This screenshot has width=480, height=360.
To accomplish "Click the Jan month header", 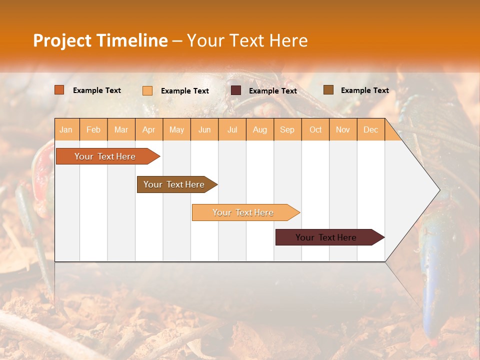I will [66, 129].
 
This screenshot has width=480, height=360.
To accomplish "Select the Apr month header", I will [149, 129].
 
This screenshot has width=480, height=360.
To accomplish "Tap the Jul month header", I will [232, 129].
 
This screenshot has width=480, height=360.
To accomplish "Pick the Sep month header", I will [287, 129].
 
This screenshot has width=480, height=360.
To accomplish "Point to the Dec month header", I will [370, 129].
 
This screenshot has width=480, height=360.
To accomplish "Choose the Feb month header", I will [93, 129].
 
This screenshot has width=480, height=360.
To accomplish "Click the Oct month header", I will [315, 129].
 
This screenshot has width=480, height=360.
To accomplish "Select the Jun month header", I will [204, 129].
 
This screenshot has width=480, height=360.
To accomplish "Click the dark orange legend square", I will [59, 90].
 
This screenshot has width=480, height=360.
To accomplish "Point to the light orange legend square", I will [147, 90].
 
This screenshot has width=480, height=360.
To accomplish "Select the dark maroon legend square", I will [236, 90].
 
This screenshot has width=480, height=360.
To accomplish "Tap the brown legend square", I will [328, 90].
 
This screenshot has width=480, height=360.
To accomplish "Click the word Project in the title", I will [61, 40].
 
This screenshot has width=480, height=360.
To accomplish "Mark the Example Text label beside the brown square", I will [364, 90].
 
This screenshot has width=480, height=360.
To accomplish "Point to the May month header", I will [176, 129].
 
